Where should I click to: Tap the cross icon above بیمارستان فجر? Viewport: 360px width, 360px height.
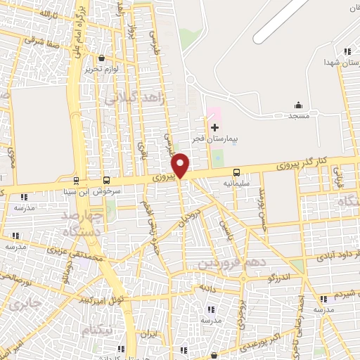(x=214, y=127)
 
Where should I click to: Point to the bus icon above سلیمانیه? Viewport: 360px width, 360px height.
(x=236, y=172)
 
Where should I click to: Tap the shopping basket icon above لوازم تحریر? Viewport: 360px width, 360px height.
(x=103, y=58)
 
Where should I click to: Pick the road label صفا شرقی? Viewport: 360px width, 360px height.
(x=39, y=41)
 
